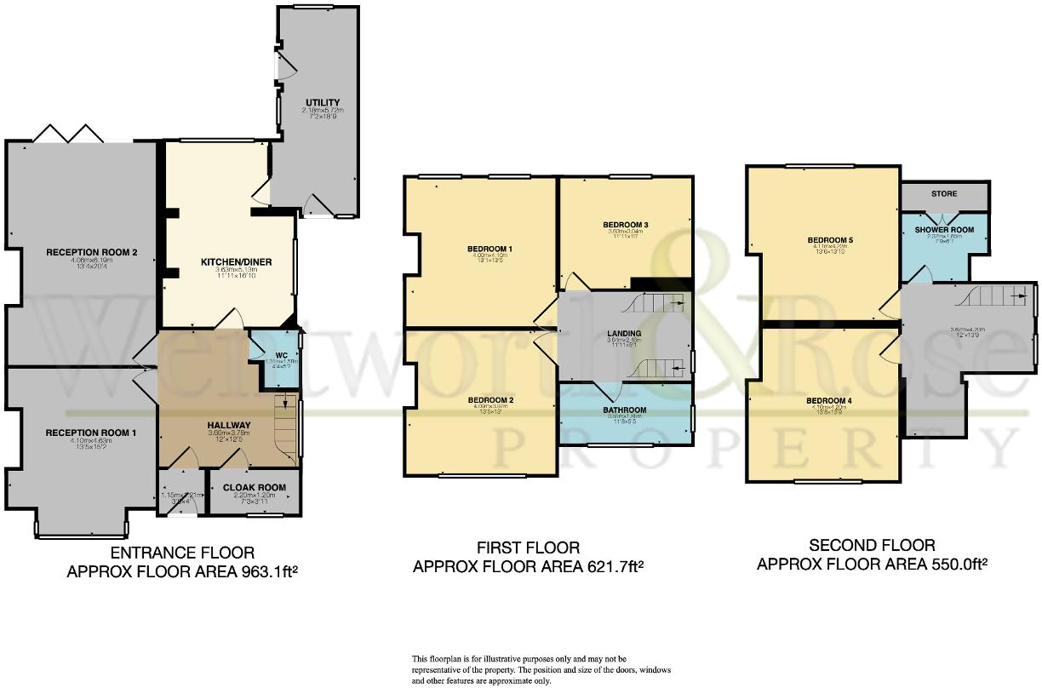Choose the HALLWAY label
click(229, 425)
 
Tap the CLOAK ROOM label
click(254, 488)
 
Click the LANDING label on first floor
click(624, 333)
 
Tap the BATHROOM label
click(626, 410)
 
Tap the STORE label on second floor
click(944, 193)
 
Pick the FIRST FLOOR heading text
click(528, 548)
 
